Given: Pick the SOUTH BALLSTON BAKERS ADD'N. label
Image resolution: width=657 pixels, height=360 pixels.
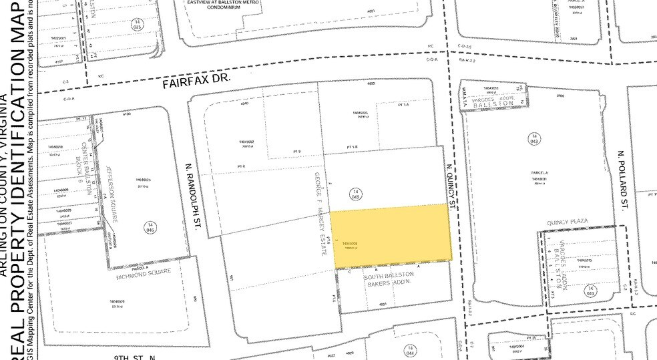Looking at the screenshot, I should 391,280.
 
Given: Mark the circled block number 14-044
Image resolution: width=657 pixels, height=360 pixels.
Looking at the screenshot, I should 407,350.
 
